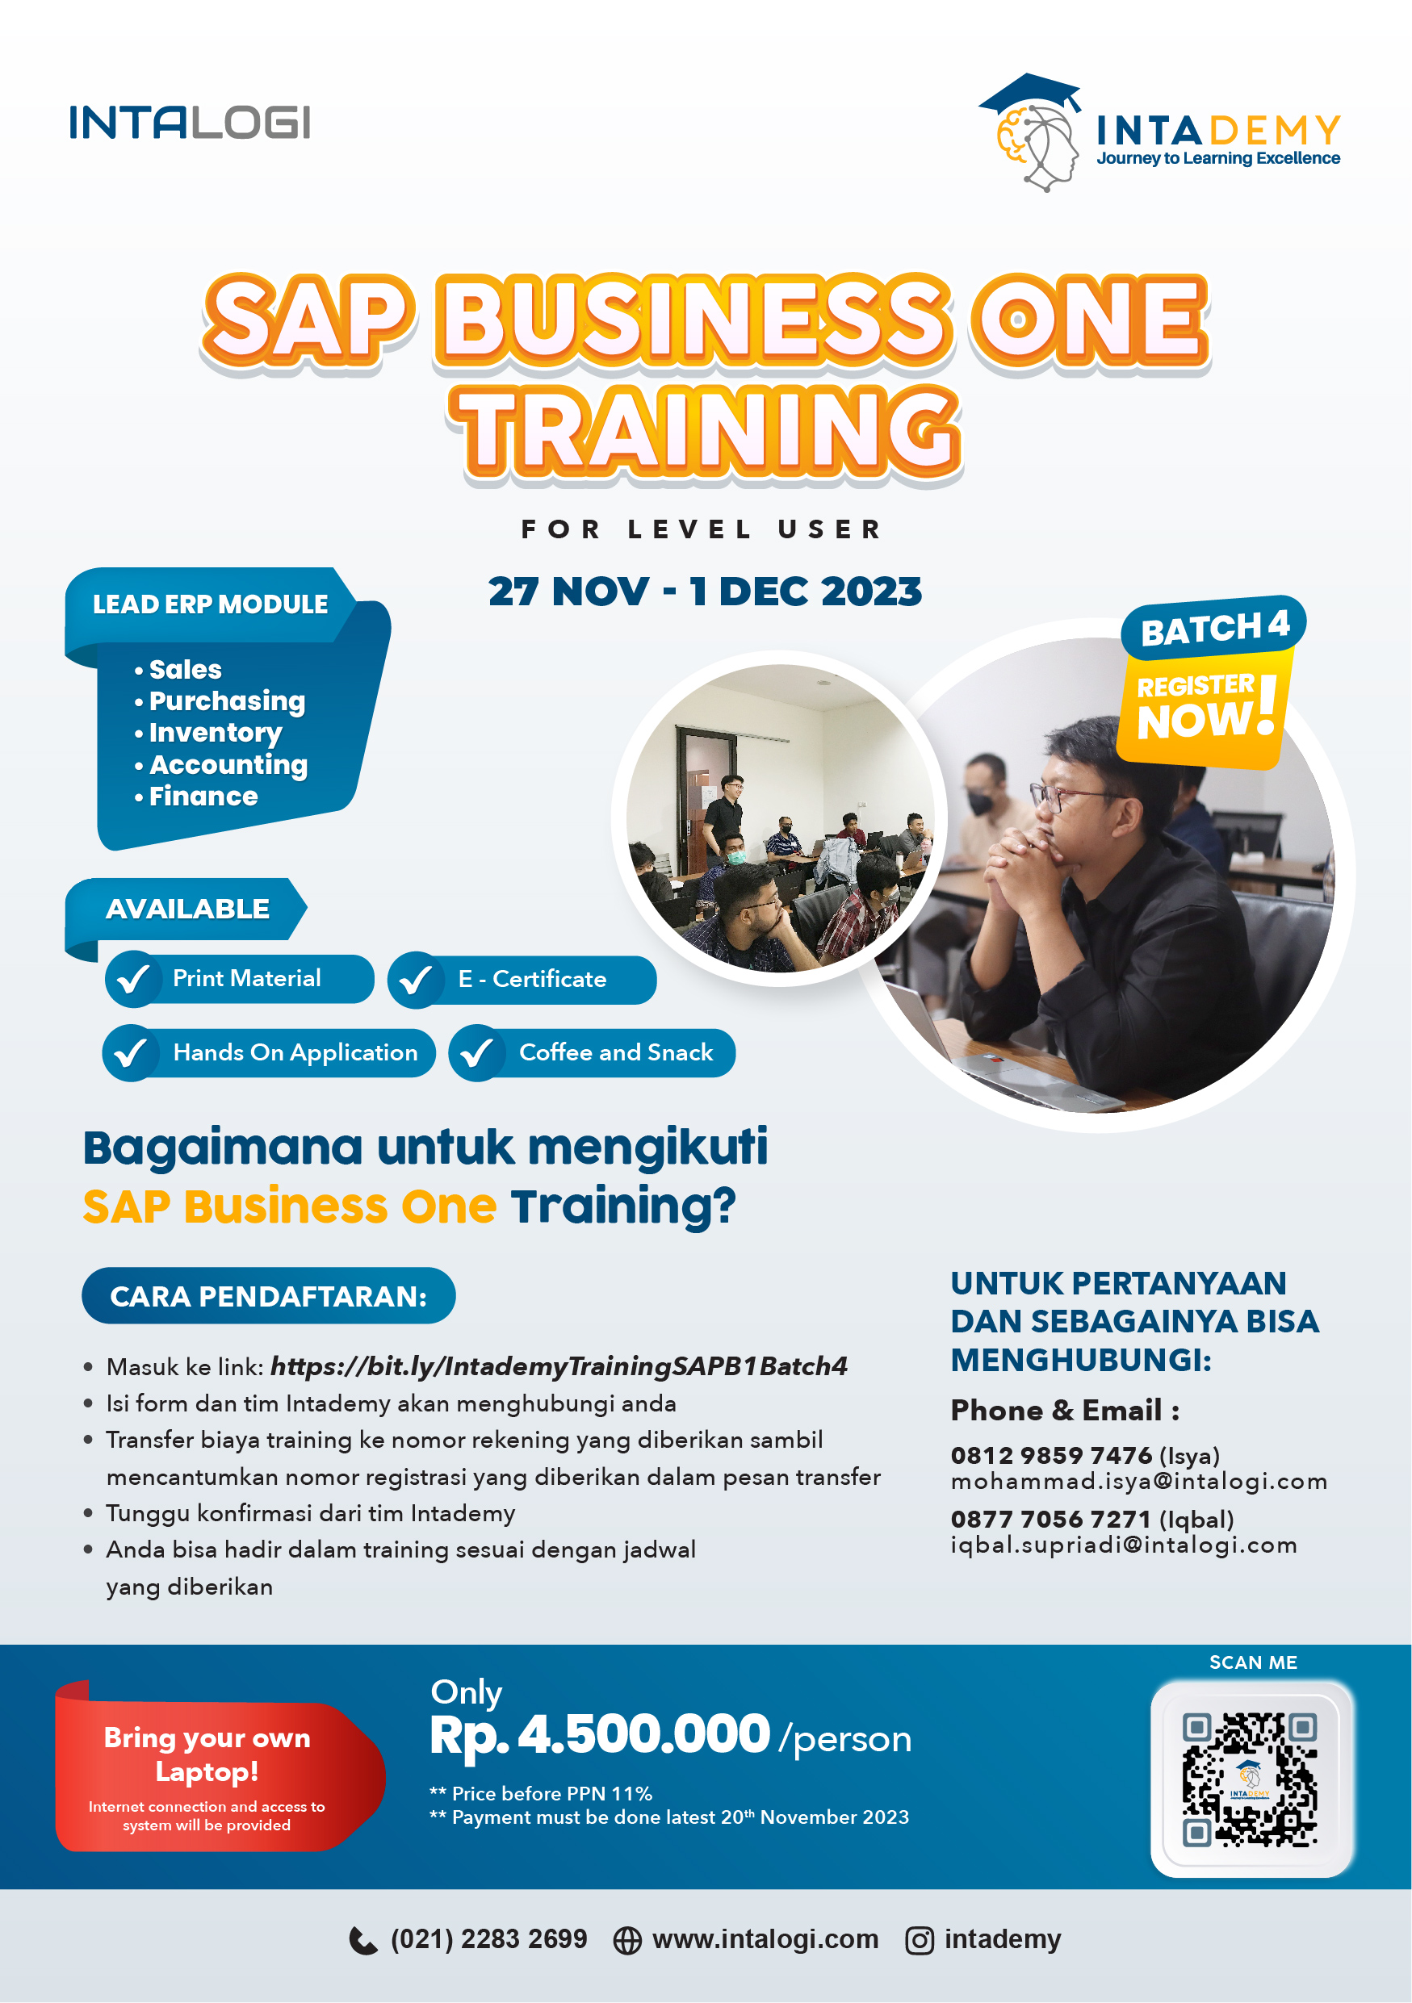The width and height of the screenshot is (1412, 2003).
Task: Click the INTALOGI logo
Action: point(190,122)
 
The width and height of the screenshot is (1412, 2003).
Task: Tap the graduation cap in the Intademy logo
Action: point(1031,93)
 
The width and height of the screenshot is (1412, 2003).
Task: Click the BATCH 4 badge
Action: point(1213,627)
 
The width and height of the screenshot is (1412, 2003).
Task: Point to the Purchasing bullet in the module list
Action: point(220,700)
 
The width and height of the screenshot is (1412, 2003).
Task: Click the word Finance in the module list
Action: point(203,796)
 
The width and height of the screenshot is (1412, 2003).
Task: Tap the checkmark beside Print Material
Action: point(132,979)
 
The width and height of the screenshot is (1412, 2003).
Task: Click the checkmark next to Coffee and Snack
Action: point(476,1053)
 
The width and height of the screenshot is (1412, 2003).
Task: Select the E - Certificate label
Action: point(531,979)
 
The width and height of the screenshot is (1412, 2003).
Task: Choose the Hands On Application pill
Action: point(269,1053)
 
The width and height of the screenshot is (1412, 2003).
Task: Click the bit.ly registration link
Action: point(559,1365)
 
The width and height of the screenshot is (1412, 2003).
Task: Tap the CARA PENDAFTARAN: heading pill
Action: point(269,1295)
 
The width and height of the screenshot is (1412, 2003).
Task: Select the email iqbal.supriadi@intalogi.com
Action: point(1124,1545)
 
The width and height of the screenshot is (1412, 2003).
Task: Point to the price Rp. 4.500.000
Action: point(600,1734)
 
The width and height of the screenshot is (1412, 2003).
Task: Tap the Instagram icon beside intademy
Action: point(919,1940)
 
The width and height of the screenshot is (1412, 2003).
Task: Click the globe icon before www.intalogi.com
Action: point(627,1940)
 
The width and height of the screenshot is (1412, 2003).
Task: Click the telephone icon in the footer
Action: point(363,1940)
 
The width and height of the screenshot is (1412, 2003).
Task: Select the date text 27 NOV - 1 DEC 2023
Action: point(705,592)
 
